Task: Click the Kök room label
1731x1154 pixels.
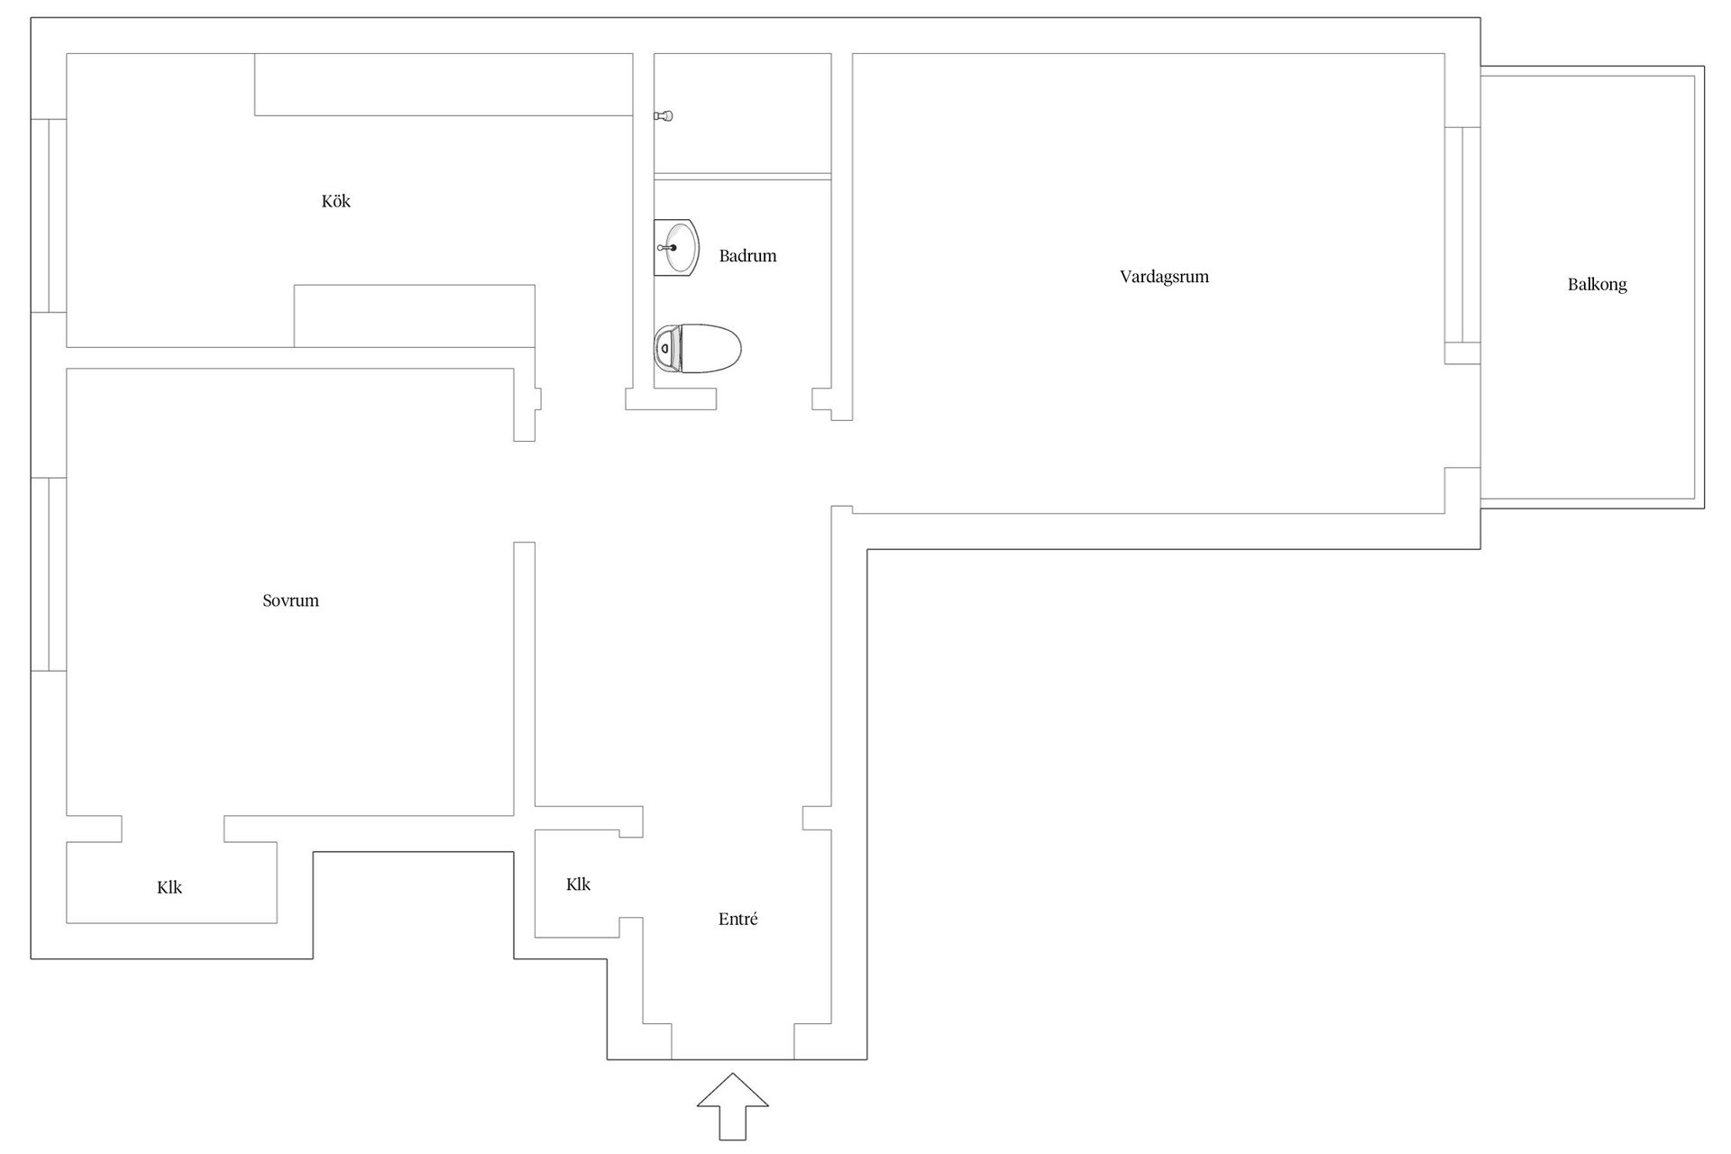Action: tap(335, 201)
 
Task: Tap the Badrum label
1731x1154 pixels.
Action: tap(747, 256)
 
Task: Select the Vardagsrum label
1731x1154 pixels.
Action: tap(1164, 277)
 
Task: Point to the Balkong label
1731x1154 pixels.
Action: tap(1597, 285)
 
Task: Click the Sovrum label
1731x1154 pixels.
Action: tap(290, 600)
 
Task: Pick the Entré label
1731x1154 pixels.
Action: tap(737, 920)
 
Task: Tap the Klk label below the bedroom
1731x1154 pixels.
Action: tap(169, 888)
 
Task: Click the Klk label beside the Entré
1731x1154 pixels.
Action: tap(578, 884)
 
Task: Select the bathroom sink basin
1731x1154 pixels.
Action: tap(676, 247)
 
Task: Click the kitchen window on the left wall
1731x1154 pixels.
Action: tap(49, 215)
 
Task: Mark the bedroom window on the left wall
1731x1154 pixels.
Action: tap(49, 574)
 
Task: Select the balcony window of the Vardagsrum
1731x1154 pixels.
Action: tap(1462, 235)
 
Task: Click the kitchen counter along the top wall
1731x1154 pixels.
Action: tap(443, 85)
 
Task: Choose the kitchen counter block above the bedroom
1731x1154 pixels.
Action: tap(414, 316)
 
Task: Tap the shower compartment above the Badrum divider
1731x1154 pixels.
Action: tap(742, 113)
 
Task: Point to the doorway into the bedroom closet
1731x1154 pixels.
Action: tap(172, 829)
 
